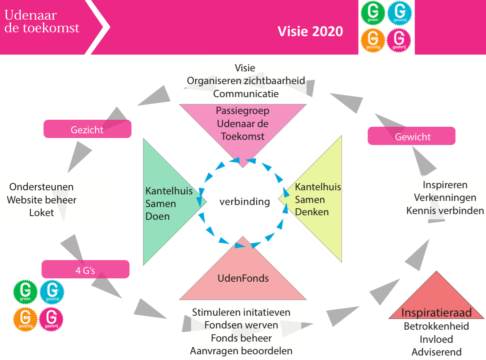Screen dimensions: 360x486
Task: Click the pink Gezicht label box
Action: tap(87, 129)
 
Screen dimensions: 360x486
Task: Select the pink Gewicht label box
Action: tap(411, 136)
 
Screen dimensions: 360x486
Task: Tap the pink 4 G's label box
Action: tap(85, 269)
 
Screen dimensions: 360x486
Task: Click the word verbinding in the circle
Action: tap(245, 202)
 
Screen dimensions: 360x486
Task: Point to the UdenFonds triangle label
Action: tap(243, 278)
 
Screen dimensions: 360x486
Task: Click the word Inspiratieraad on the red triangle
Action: tap(436, 312)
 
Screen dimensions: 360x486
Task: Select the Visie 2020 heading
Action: tap(310, 32)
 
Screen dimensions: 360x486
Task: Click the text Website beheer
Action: tap(41, 200)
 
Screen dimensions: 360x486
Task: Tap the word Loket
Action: tap(41, 213)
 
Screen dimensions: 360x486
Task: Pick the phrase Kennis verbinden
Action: tap(445, 211)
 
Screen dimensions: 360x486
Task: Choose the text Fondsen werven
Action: tap(241, 325)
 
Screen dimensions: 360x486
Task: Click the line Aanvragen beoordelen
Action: tap(241, 351)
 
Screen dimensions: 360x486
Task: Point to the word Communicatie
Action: tap(246, 93)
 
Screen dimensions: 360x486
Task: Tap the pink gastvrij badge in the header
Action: tap(399, 40)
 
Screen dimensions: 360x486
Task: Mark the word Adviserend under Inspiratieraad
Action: tap(436, 352)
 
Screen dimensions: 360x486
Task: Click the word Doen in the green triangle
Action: tap(157, 216)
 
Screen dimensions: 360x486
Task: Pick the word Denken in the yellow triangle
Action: tap(312, 212)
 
